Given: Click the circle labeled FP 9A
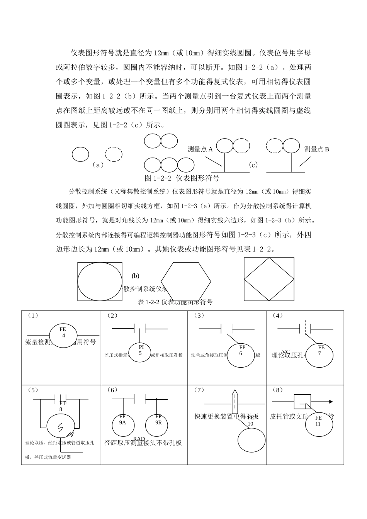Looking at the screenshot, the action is [123, 424].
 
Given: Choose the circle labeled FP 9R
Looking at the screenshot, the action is [156, 424].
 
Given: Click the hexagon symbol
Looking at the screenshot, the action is [186, 281].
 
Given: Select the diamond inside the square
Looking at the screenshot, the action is [269, 279].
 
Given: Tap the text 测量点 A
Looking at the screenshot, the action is [200, 149].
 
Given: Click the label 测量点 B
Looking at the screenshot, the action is [316, 149].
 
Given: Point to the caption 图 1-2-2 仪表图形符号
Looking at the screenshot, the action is [182, 178].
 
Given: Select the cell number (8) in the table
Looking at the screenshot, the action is [277, 390].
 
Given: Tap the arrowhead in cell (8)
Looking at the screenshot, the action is [330, 402].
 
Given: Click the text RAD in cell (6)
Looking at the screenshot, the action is [139, 439].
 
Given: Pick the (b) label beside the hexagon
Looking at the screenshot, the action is [135, 276].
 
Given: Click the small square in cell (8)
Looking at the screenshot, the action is [302, 402].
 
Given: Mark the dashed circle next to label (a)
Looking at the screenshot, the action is [114, 154].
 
